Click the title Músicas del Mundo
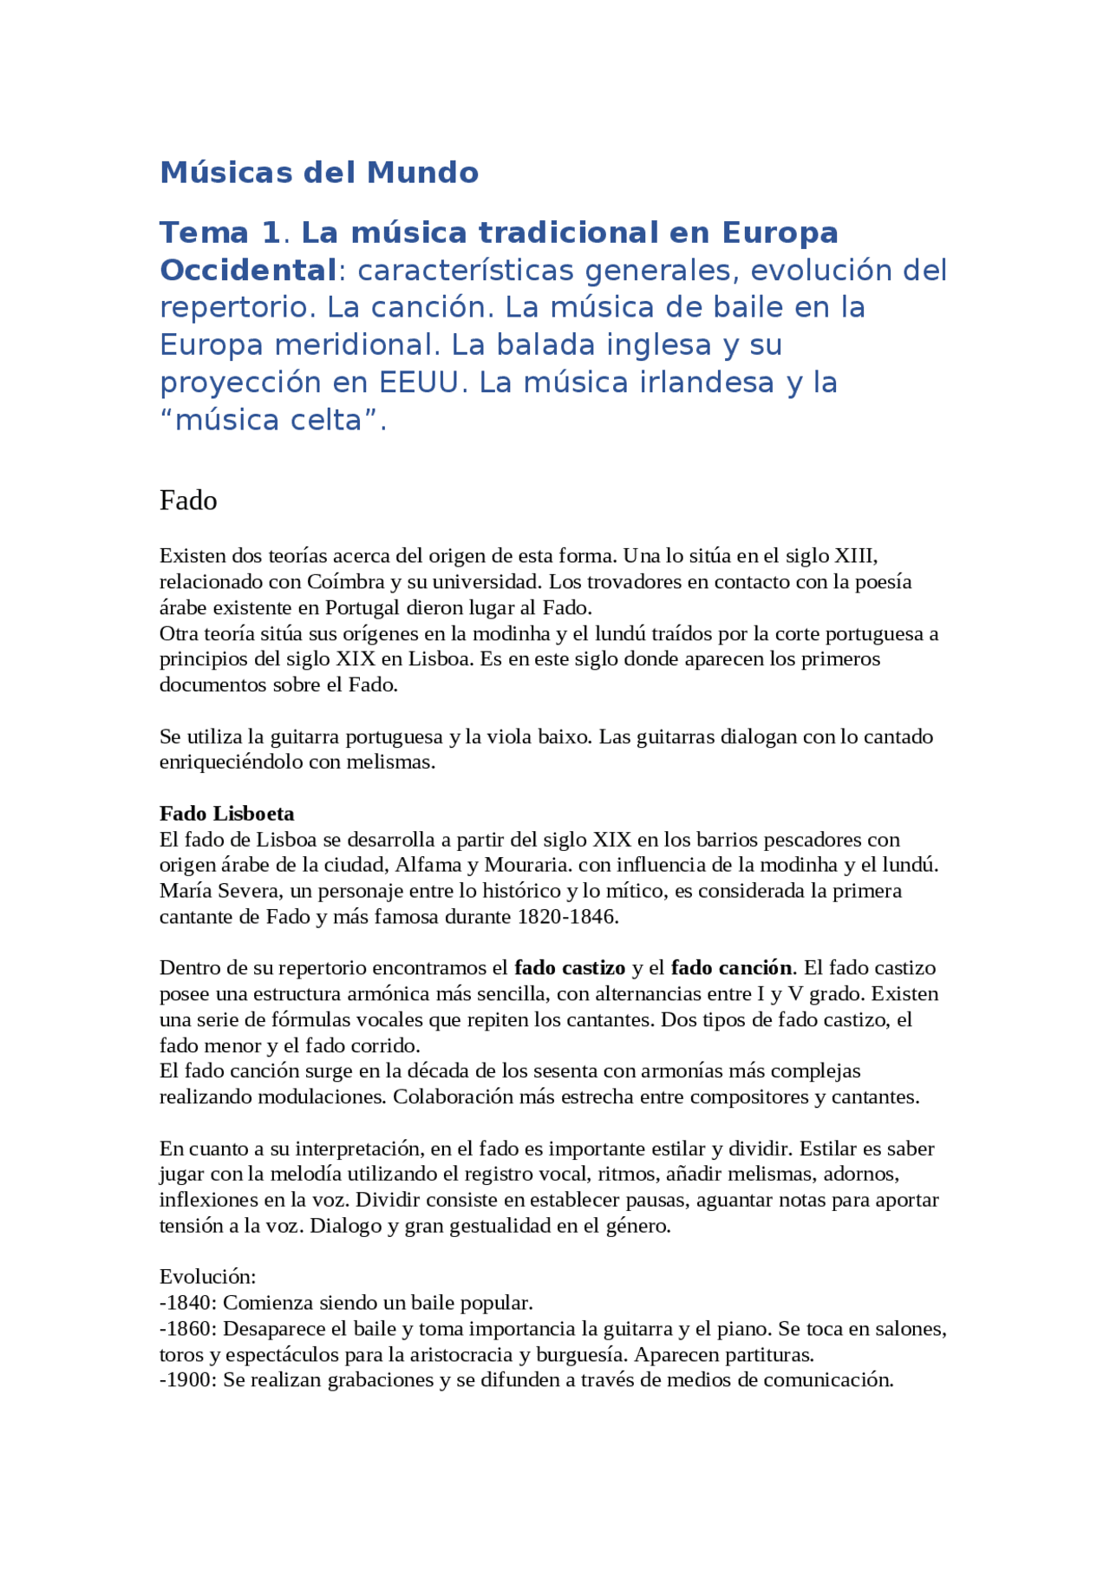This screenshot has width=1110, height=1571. [318, 173]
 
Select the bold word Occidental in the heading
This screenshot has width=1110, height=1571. [248, 271]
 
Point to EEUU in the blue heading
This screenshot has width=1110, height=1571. [419, 383]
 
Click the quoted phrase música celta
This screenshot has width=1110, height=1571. [269, 421]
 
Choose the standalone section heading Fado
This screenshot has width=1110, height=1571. [188, 501]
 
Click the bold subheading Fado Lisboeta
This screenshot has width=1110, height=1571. [226, 814]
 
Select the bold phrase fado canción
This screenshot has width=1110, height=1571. [731, 968]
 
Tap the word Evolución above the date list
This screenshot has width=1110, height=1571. [207, 1277]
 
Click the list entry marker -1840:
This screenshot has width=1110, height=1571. [188, 1303]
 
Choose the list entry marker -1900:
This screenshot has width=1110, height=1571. [188, 1380]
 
